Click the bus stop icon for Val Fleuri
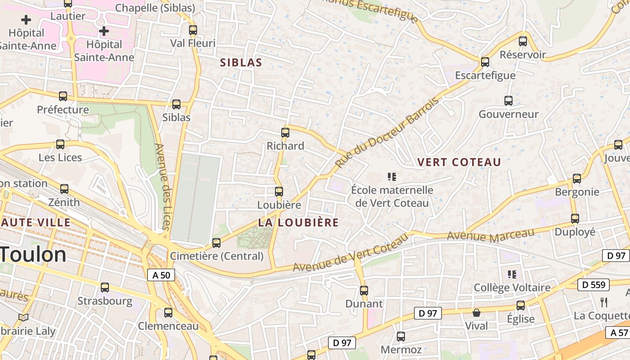click(x=193, y=30)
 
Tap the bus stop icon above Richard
click(x=285, y=133)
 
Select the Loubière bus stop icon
click(x=279, y=192)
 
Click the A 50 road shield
click(x=161, y=275)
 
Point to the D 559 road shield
click(x=594, y=285)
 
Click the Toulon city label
click(x=33, y=255)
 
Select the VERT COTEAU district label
click(x=459, y=162)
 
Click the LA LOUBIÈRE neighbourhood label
click(x=298, y=222)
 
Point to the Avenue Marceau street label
click(x=490, y=235)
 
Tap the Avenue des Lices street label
click(x=161, y=186)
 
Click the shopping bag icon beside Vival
click(x=477, y=313)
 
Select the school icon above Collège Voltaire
click(x=512, y=274)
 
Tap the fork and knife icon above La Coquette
click(x=604, y=302)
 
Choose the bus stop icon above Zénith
click(x=64, y=189)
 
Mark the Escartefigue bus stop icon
click(x=485, y=62)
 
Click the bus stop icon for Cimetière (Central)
click(x=216, y=243)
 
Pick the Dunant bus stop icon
click(x=364, y=291)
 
